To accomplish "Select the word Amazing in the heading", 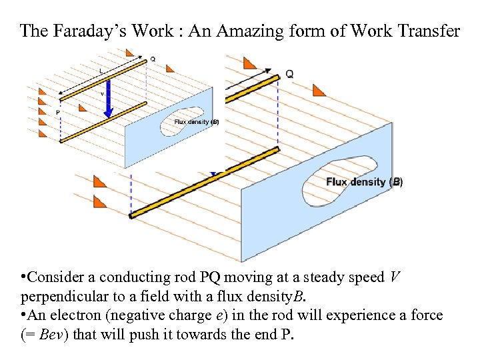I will [x=250, y=31].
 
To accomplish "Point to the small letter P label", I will [x=57, y=113].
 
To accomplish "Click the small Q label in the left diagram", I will [x=153, y=59].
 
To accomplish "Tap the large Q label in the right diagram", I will [x=289, y=74].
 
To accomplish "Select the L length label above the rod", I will [x=101, y=71].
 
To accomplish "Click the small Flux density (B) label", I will [x=196, y=122].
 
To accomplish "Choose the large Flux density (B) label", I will [x=364, y=182].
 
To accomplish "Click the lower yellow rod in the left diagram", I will [x=103, y=122].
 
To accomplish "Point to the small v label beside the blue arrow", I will [x=102, y=94].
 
